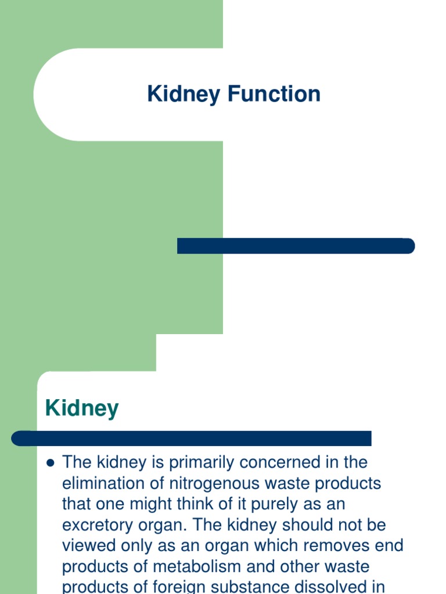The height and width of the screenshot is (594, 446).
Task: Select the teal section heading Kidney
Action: (82, 408)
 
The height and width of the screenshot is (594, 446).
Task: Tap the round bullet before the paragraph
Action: (50, 463)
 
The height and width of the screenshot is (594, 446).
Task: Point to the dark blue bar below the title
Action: (296, 246)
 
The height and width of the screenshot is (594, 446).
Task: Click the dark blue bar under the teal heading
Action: (192, 439)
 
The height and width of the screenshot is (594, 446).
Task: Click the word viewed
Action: (89, 546)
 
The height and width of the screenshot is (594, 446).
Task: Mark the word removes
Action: (333, 546)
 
